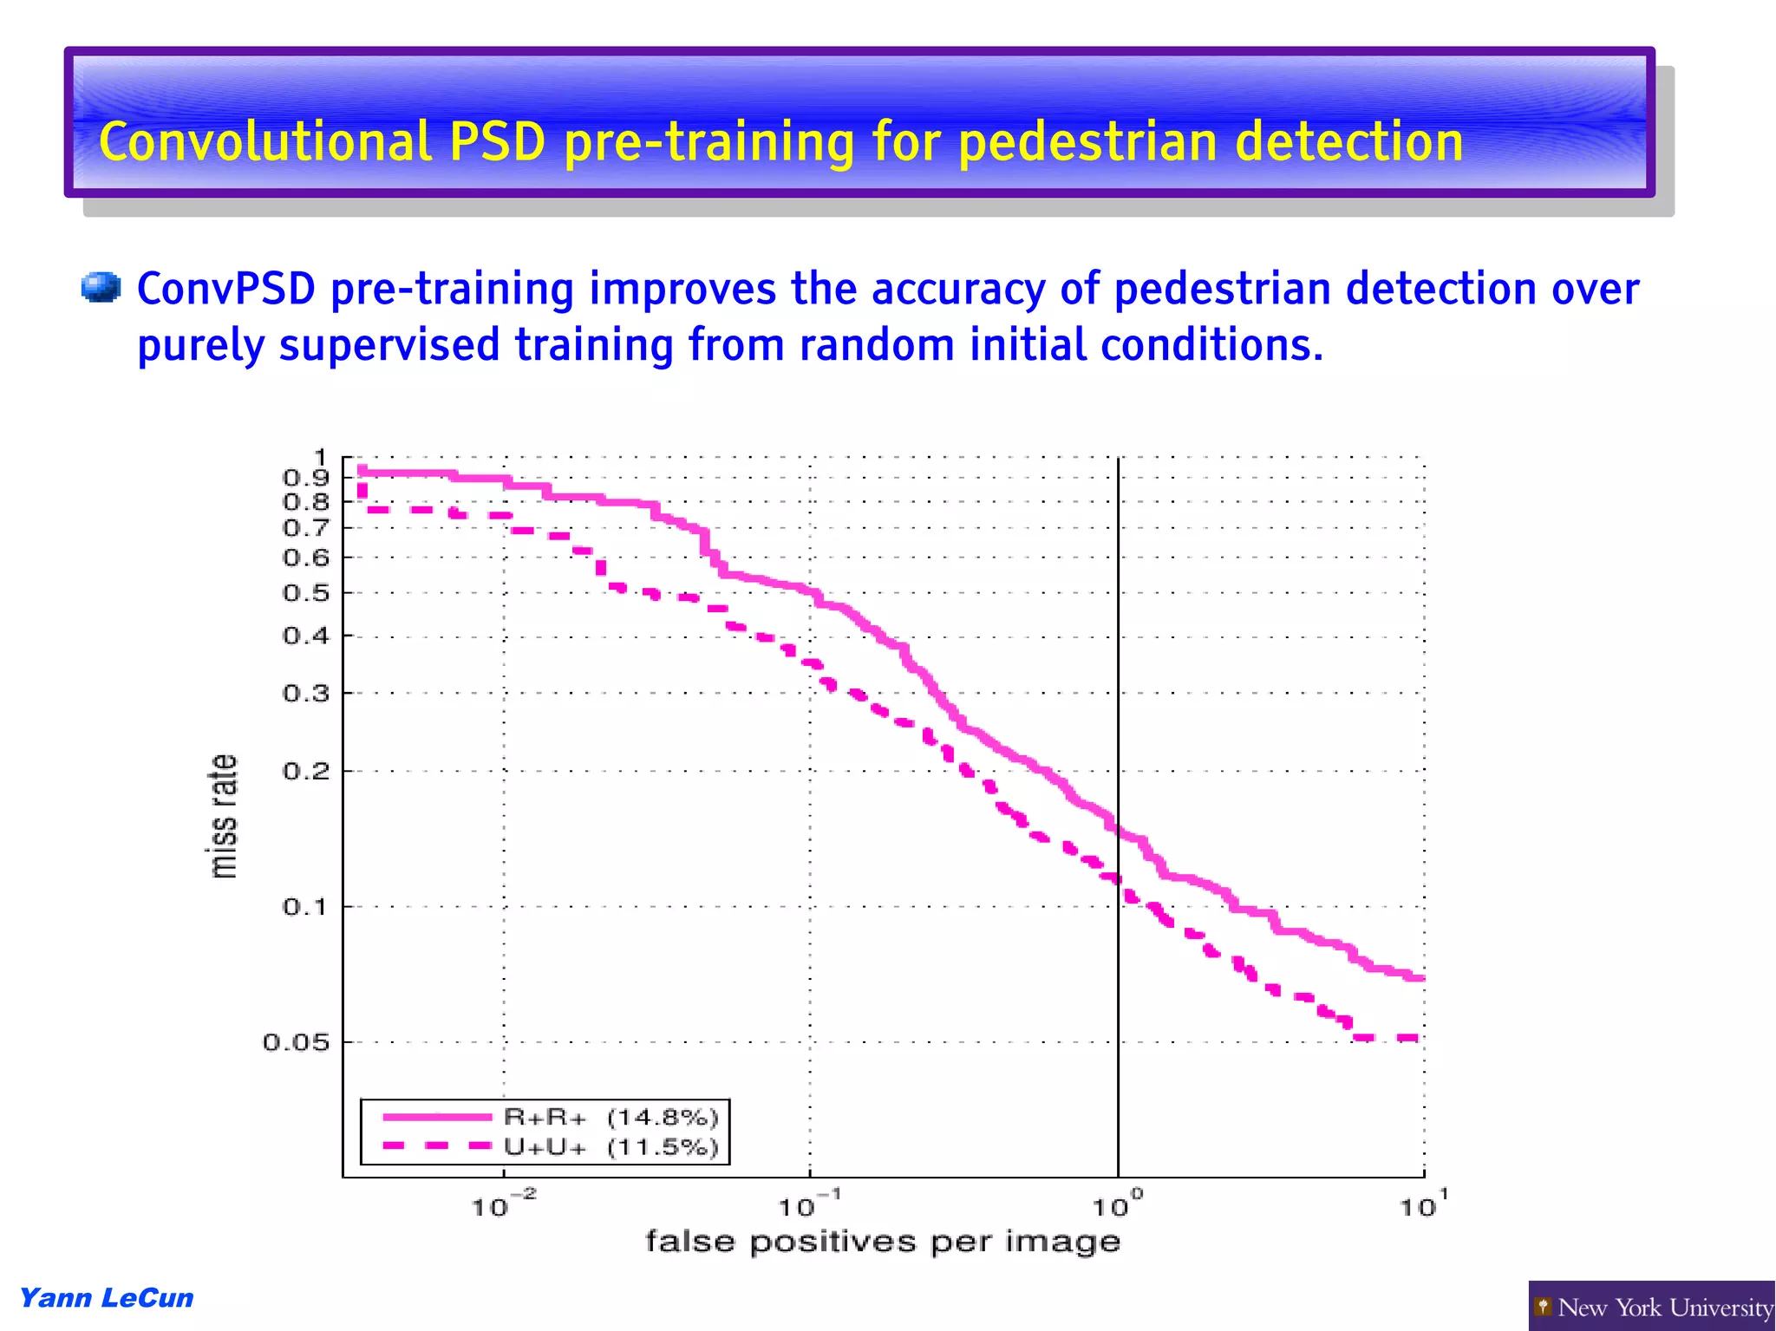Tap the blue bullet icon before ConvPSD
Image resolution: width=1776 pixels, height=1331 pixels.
[101, 288]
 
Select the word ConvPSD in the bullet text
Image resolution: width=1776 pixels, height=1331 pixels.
[225, 289]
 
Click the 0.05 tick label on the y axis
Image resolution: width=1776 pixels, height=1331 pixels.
[296, 1042]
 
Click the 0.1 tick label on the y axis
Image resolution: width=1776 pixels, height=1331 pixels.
[306, 907]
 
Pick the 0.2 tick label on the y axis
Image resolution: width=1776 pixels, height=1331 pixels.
[306, 771]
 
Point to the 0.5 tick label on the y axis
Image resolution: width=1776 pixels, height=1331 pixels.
[306, 593]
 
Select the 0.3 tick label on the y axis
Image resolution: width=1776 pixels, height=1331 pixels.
[306, 694]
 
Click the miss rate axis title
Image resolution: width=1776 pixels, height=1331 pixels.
[223, 816]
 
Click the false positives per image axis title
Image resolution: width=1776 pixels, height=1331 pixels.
[883, 1242]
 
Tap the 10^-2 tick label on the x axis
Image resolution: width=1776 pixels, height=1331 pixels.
[503, 1205]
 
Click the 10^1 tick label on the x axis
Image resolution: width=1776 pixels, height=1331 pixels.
[1423, 1205]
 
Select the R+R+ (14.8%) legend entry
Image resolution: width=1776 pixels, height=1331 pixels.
[610, 1117]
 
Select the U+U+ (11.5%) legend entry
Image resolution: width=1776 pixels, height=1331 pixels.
[610, 1147]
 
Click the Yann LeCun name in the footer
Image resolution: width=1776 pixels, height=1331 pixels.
[106, 1298]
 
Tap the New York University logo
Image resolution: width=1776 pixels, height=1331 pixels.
[1651, 1307]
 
